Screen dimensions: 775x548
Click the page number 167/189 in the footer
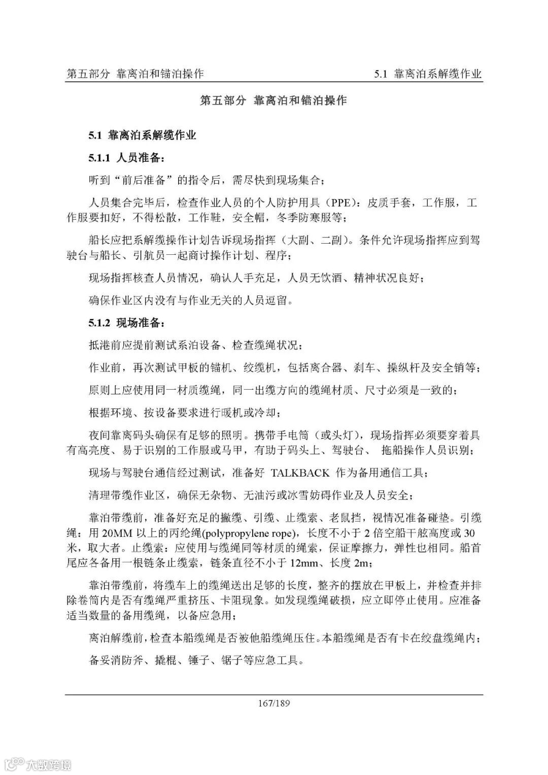(x=274, y=703)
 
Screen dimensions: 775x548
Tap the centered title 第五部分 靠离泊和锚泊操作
(x=273, y=100)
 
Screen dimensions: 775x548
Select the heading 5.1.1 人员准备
(x=126, y=158)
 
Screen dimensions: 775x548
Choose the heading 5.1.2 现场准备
(x=126, y=323)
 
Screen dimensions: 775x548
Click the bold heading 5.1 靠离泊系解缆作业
(x=143, y=135)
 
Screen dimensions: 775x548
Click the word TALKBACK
(x=300, y=473)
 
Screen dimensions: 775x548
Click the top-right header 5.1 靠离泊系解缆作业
(x=428, y=74)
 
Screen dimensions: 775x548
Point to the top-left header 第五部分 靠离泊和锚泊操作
(x=135, y=74)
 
